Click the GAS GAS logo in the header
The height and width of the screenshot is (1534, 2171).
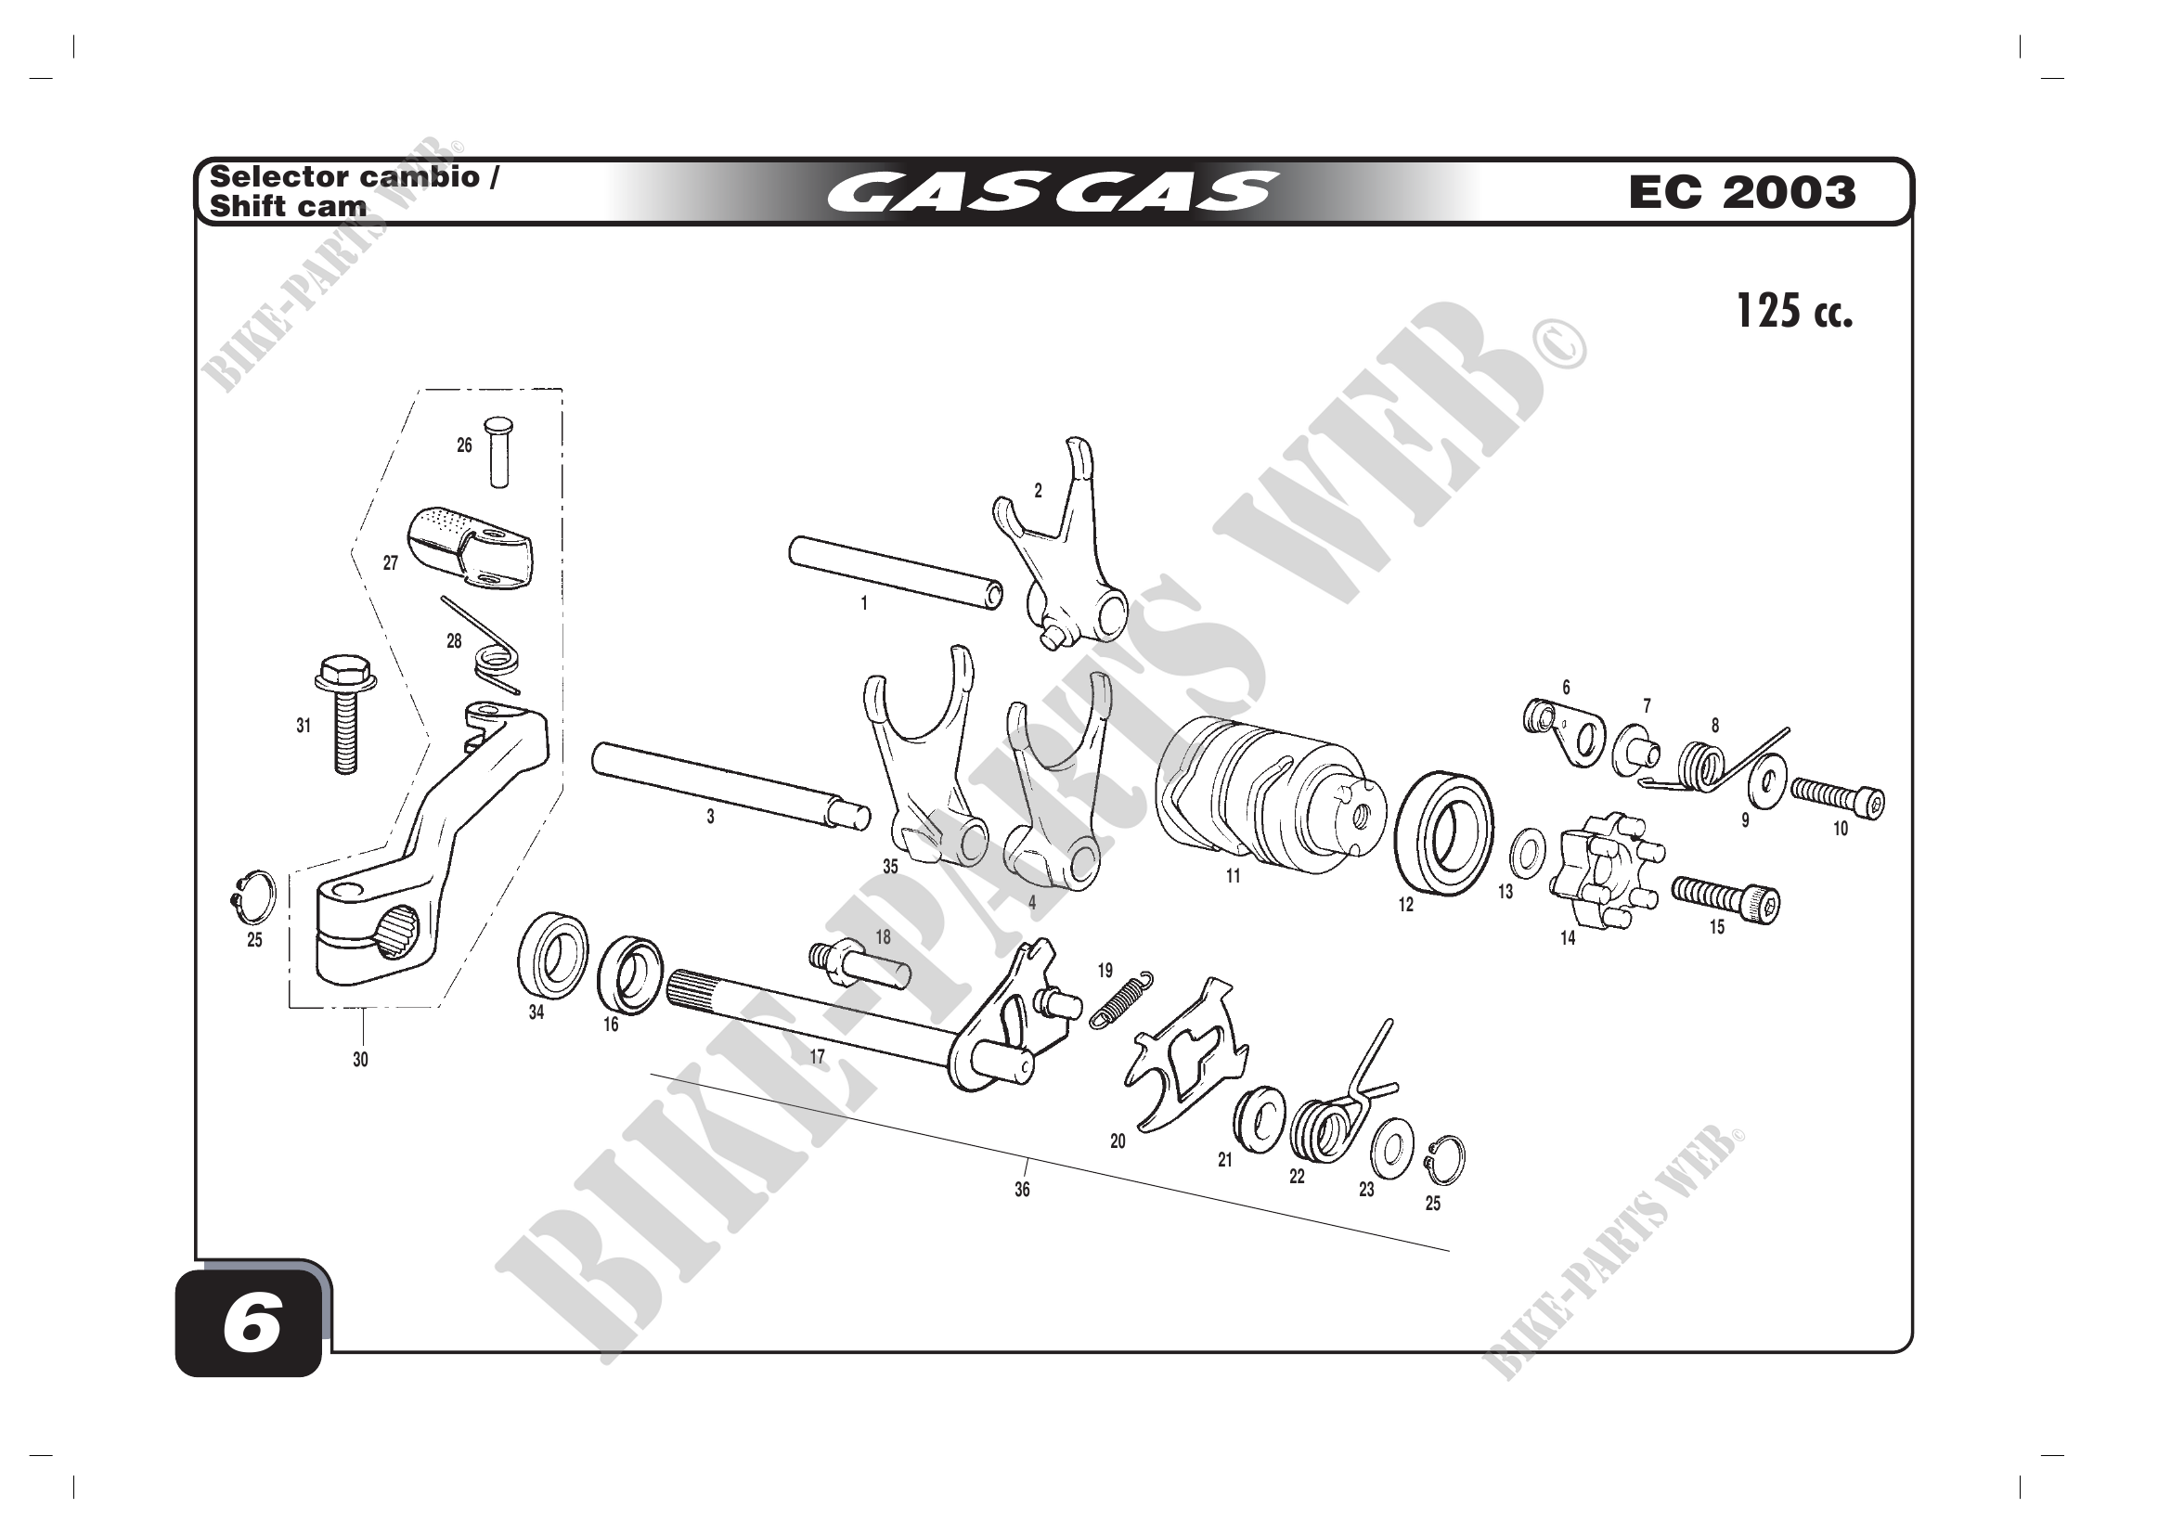1052,192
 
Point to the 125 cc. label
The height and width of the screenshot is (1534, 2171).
1794,311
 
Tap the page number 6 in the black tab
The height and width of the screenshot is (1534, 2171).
252,1324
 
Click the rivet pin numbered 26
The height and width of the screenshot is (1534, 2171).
497,452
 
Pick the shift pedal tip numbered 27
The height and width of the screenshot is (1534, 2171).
470,548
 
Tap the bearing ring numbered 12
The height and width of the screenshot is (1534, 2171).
1445,832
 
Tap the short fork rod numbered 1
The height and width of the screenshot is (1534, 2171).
896,573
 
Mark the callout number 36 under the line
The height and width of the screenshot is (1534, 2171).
1022,1190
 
